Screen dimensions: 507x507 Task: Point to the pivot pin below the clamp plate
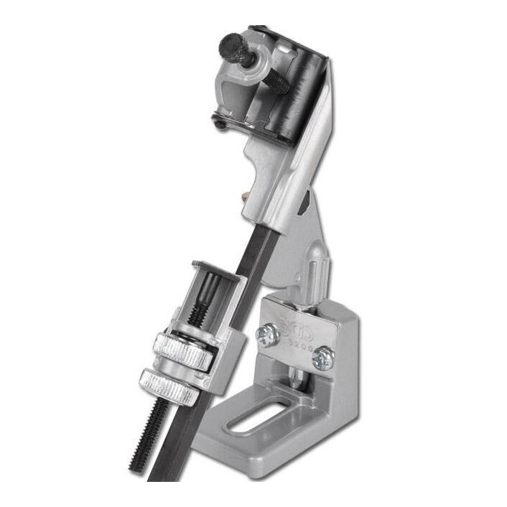(x=296, y=377)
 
